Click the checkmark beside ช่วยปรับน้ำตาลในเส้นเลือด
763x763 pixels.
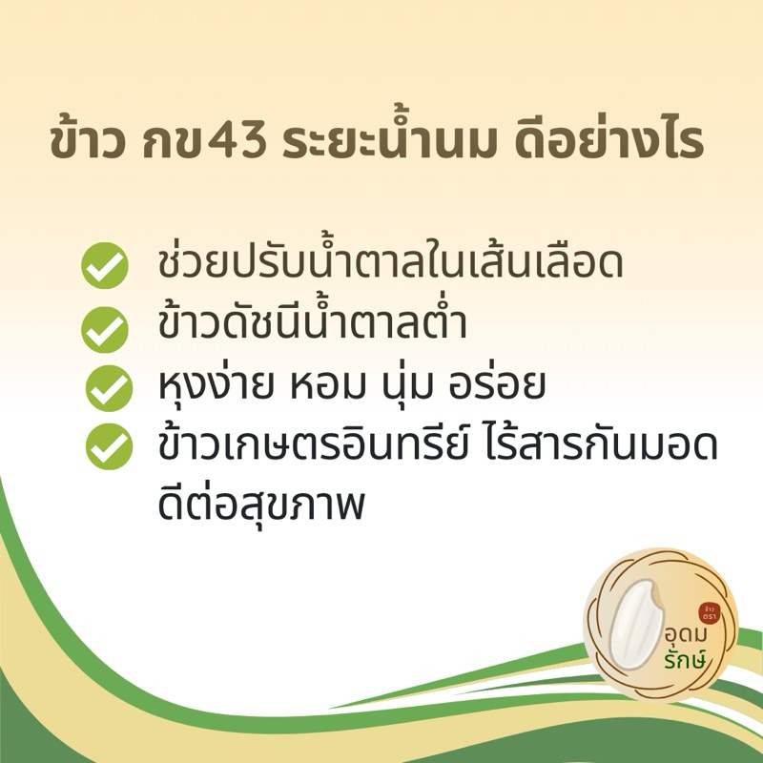[105, 265]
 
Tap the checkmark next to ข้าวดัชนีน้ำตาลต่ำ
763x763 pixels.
[105, 329]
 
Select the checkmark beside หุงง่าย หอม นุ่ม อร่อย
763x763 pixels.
[109, 388]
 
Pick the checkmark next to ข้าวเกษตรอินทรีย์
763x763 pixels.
[109, 446]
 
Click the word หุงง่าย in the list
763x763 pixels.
[216, 386]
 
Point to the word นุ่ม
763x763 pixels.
[399, 385]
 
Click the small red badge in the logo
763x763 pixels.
[710, 612]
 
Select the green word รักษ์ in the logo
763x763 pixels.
[685, 658]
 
